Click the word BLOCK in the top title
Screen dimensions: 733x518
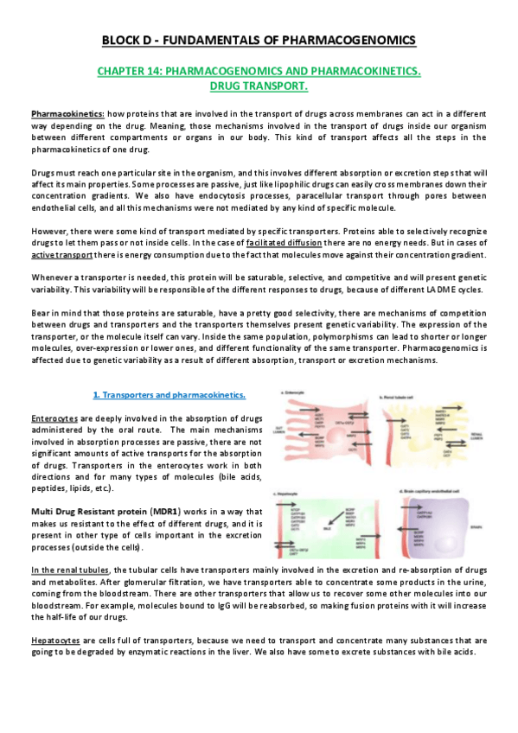(122, 40)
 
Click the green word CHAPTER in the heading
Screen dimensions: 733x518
(143, 72)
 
